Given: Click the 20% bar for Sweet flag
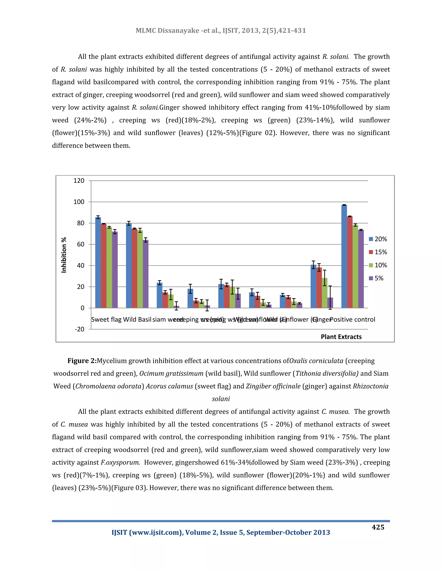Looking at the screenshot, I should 98,262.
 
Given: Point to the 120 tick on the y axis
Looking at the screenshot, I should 79,181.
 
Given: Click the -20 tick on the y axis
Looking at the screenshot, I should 80,329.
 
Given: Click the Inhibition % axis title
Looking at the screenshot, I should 64,255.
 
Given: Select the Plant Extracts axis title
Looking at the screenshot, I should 341,337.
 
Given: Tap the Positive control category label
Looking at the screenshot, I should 352,319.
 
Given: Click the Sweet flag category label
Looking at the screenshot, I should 106,319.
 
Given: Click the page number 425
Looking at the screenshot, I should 378,527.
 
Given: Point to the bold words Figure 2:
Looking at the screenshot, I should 82,361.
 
